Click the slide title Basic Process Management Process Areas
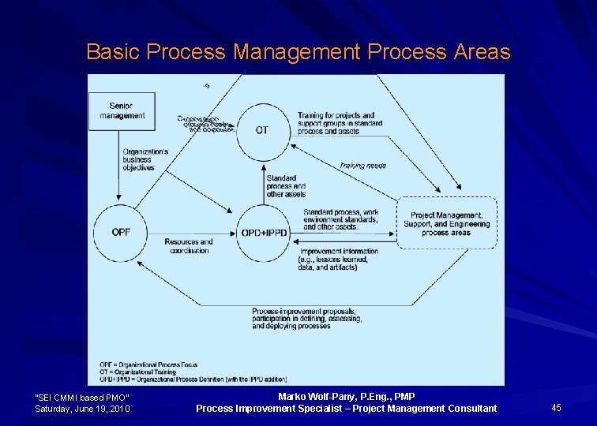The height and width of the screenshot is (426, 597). (x=298, y=53)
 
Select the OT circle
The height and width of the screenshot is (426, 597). (x=261, y=130)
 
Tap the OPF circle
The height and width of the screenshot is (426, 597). (x=121, y=232)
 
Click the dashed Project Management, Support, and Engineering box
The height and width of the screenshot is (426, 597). (x=446, y=224)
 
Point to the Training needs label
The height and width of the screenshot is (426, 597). (x=362, y=166)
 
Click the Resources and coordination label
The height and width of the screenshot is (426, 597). (x=189, y=246)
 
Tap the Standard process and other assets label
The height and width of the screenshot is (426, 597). (x=286, y=186)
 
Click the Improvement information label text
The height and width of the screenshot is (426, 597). (x=338, y=260)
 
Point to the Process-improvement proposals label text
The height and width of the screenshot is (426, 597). (x=304, y=319)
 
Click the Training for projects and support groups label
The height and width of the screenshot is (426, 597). (x=340, y=124)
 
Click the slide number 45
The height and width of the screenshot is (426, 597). (x=556, y=408)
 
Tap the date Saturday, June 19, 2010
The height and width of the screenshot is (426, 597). (x=83, y=409)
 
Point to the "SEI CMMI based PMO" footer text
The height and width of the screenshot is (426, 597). (x=83, y=397)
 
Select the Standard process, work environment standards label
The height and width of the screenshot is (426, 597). (x=340, y=219)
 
